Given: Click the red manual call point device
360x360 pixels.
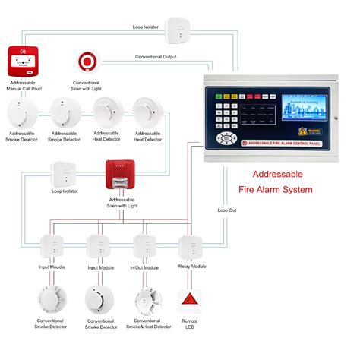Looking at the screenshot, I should pos(23,61).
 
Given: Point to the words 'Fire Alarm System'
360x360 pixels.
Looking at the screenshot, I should pos(276,189).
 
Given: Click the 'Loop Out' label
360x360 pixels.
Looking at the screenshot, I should pos(227,210).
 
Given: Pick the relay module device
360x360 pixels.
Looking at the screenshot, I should pos(191,248).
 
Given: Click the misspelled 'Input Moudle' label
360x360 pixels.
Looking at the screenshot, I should pos(52,267).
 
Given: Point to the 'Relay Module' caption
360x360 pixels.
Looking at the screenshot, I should pos(191,267).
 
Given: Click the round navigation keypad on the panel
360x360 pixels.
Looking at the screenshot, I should pos(225,138).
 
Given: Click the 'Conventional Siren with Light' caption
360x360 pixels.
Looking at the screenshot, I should pos(86,85).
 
